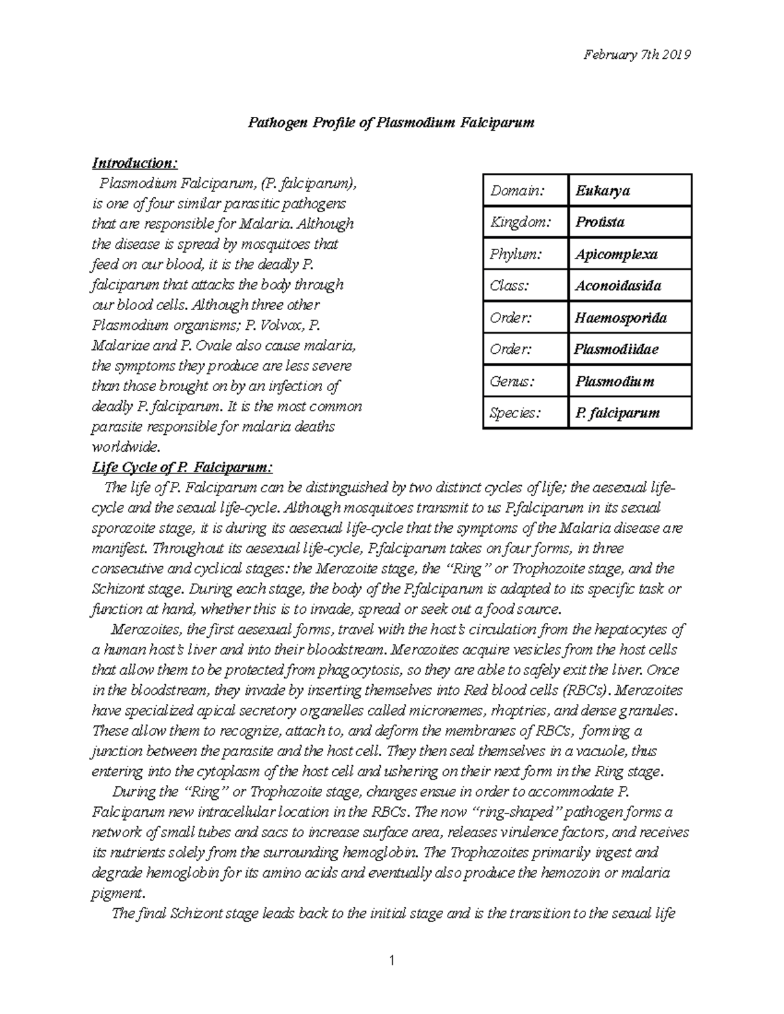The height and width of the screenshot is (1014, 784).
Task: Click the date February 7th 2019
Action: pyautogui.click(x=637, y=55)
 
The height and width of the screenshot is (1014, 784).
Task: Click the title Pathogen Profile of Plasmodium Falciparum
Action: pyautogui.click(x=390, y=122)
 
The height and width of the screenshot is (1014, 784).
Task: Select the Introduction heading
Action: pyautogui.click(x=134, y=163)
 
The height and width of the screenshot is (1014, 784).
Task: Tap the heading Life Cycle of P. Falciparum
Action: pyautogui.click(x=182, y=467)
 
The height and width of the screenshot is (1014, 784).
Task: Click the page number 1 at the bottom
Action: pyautogui.click(x=391, y=960)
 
